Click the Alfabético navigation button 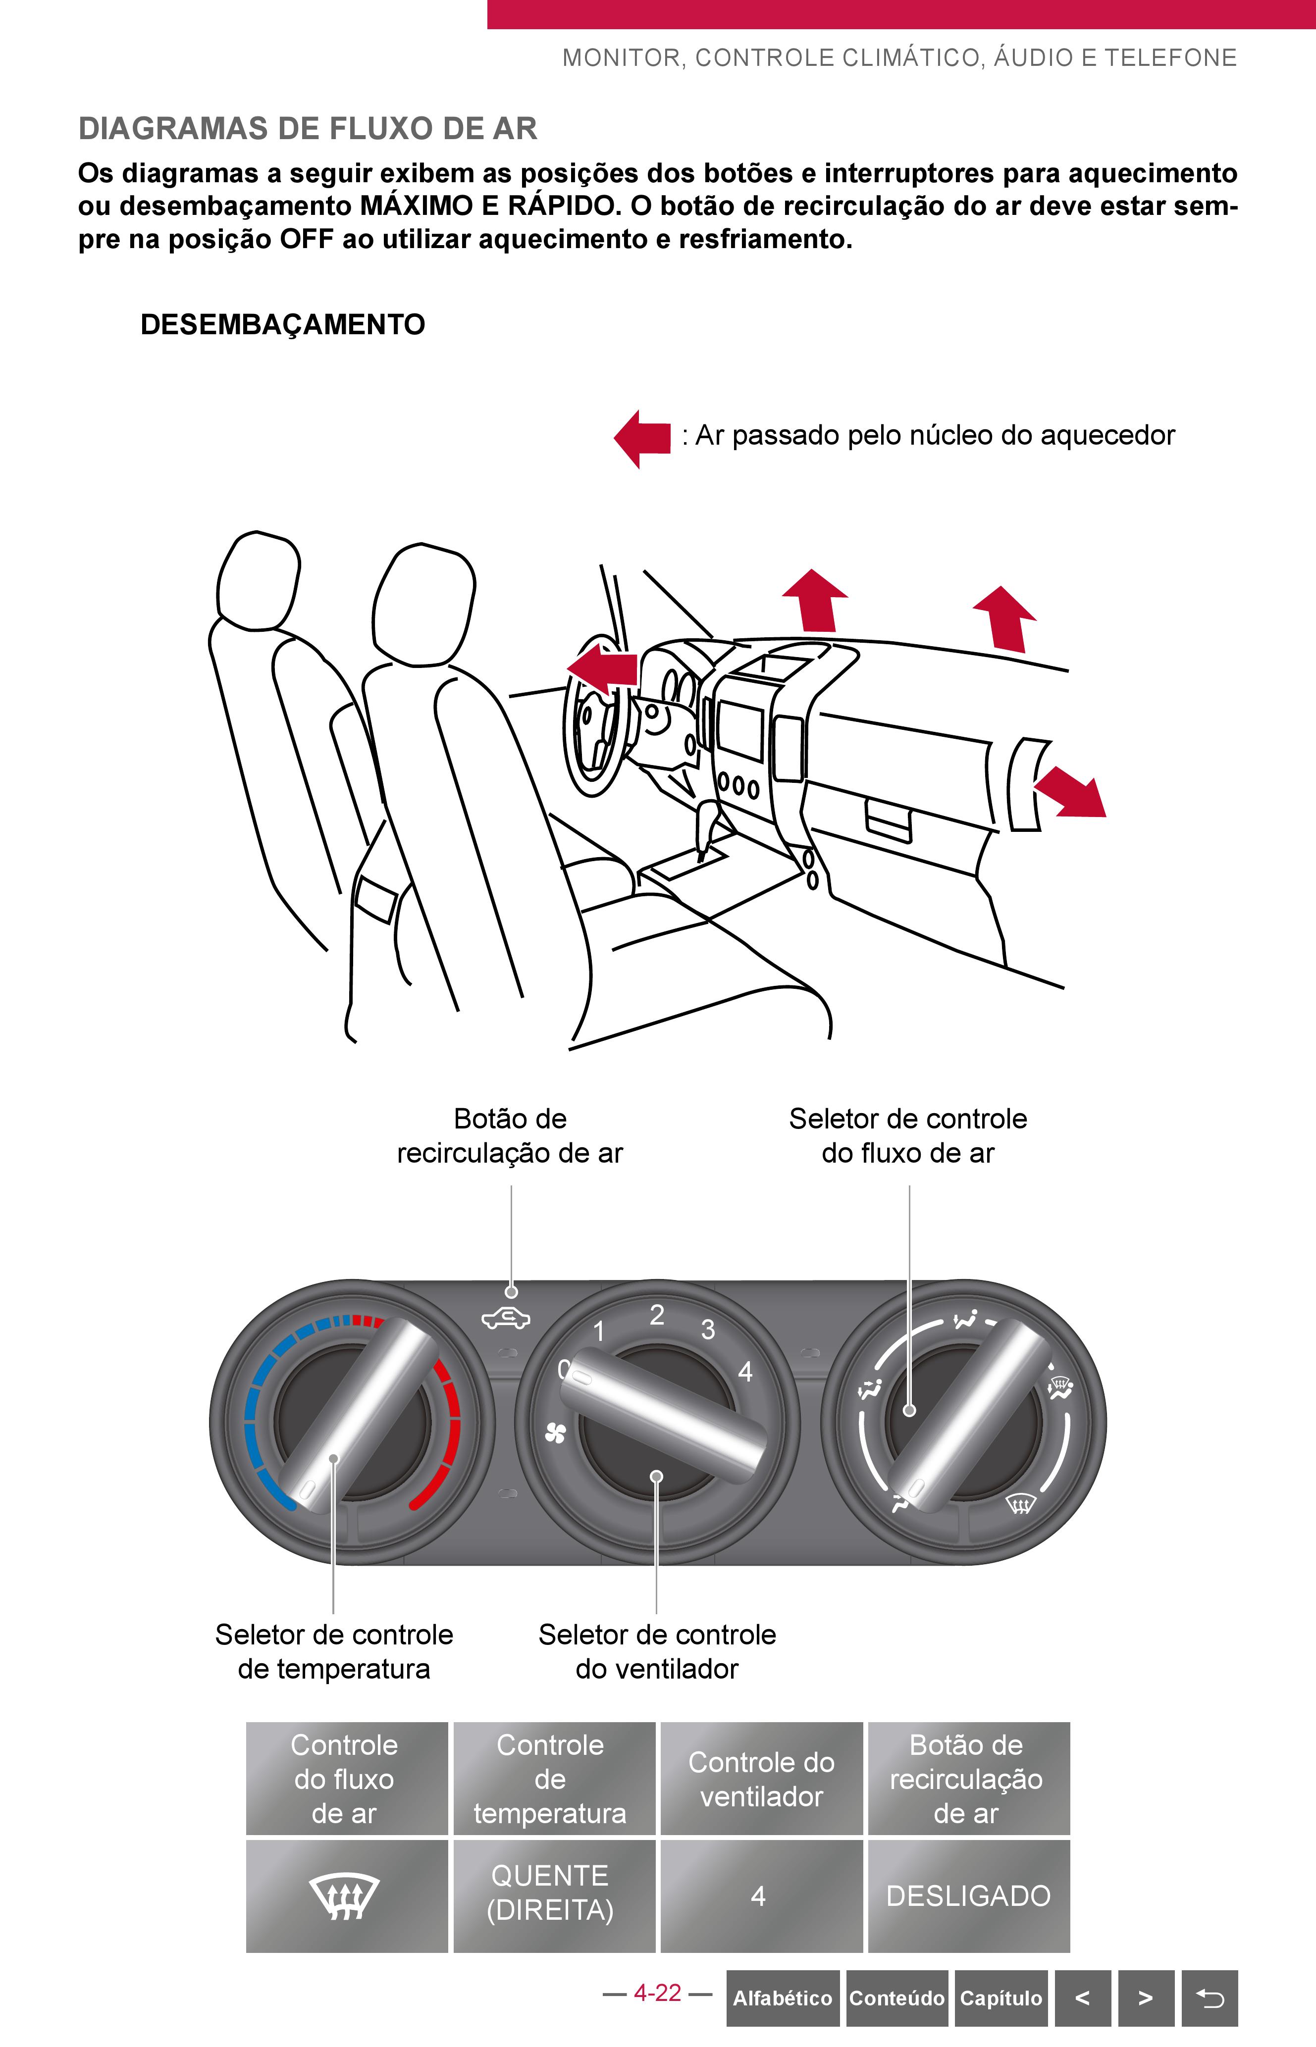tap(783, 1997)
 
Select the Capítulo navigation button tap(1000, 1997)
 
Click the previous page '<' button tap(1083, 1997)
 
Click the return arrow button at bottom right tap(1209, 1997)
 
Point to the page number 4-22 tap(657, 1993)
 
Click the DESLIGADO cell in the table tap(968, 1896)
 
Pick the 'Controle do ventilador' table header tap(761, 1779)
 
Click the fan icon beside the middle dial tap(555, 1433)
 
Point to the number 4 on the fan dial tap(745, 1372)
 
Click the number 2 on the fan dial tap(656, 1315)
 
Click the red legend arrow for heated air tap(642, 438)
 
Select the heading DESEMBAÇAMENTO tap(283, 325)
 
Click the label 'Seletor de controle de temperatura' tap(334, 1651)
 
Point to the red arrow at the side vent tap(1070, 792)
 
